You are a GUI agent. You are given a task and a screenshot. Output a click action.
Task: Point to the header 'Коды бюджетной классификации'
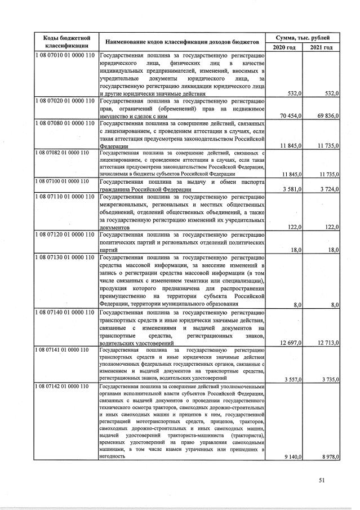point(64,41)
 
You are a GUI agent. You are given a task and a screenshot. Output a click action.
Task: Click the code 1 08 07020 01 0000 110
point(64,101)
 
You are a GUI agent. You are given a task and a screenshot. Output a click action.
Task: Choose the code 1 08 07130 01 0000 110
point(64,258)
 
